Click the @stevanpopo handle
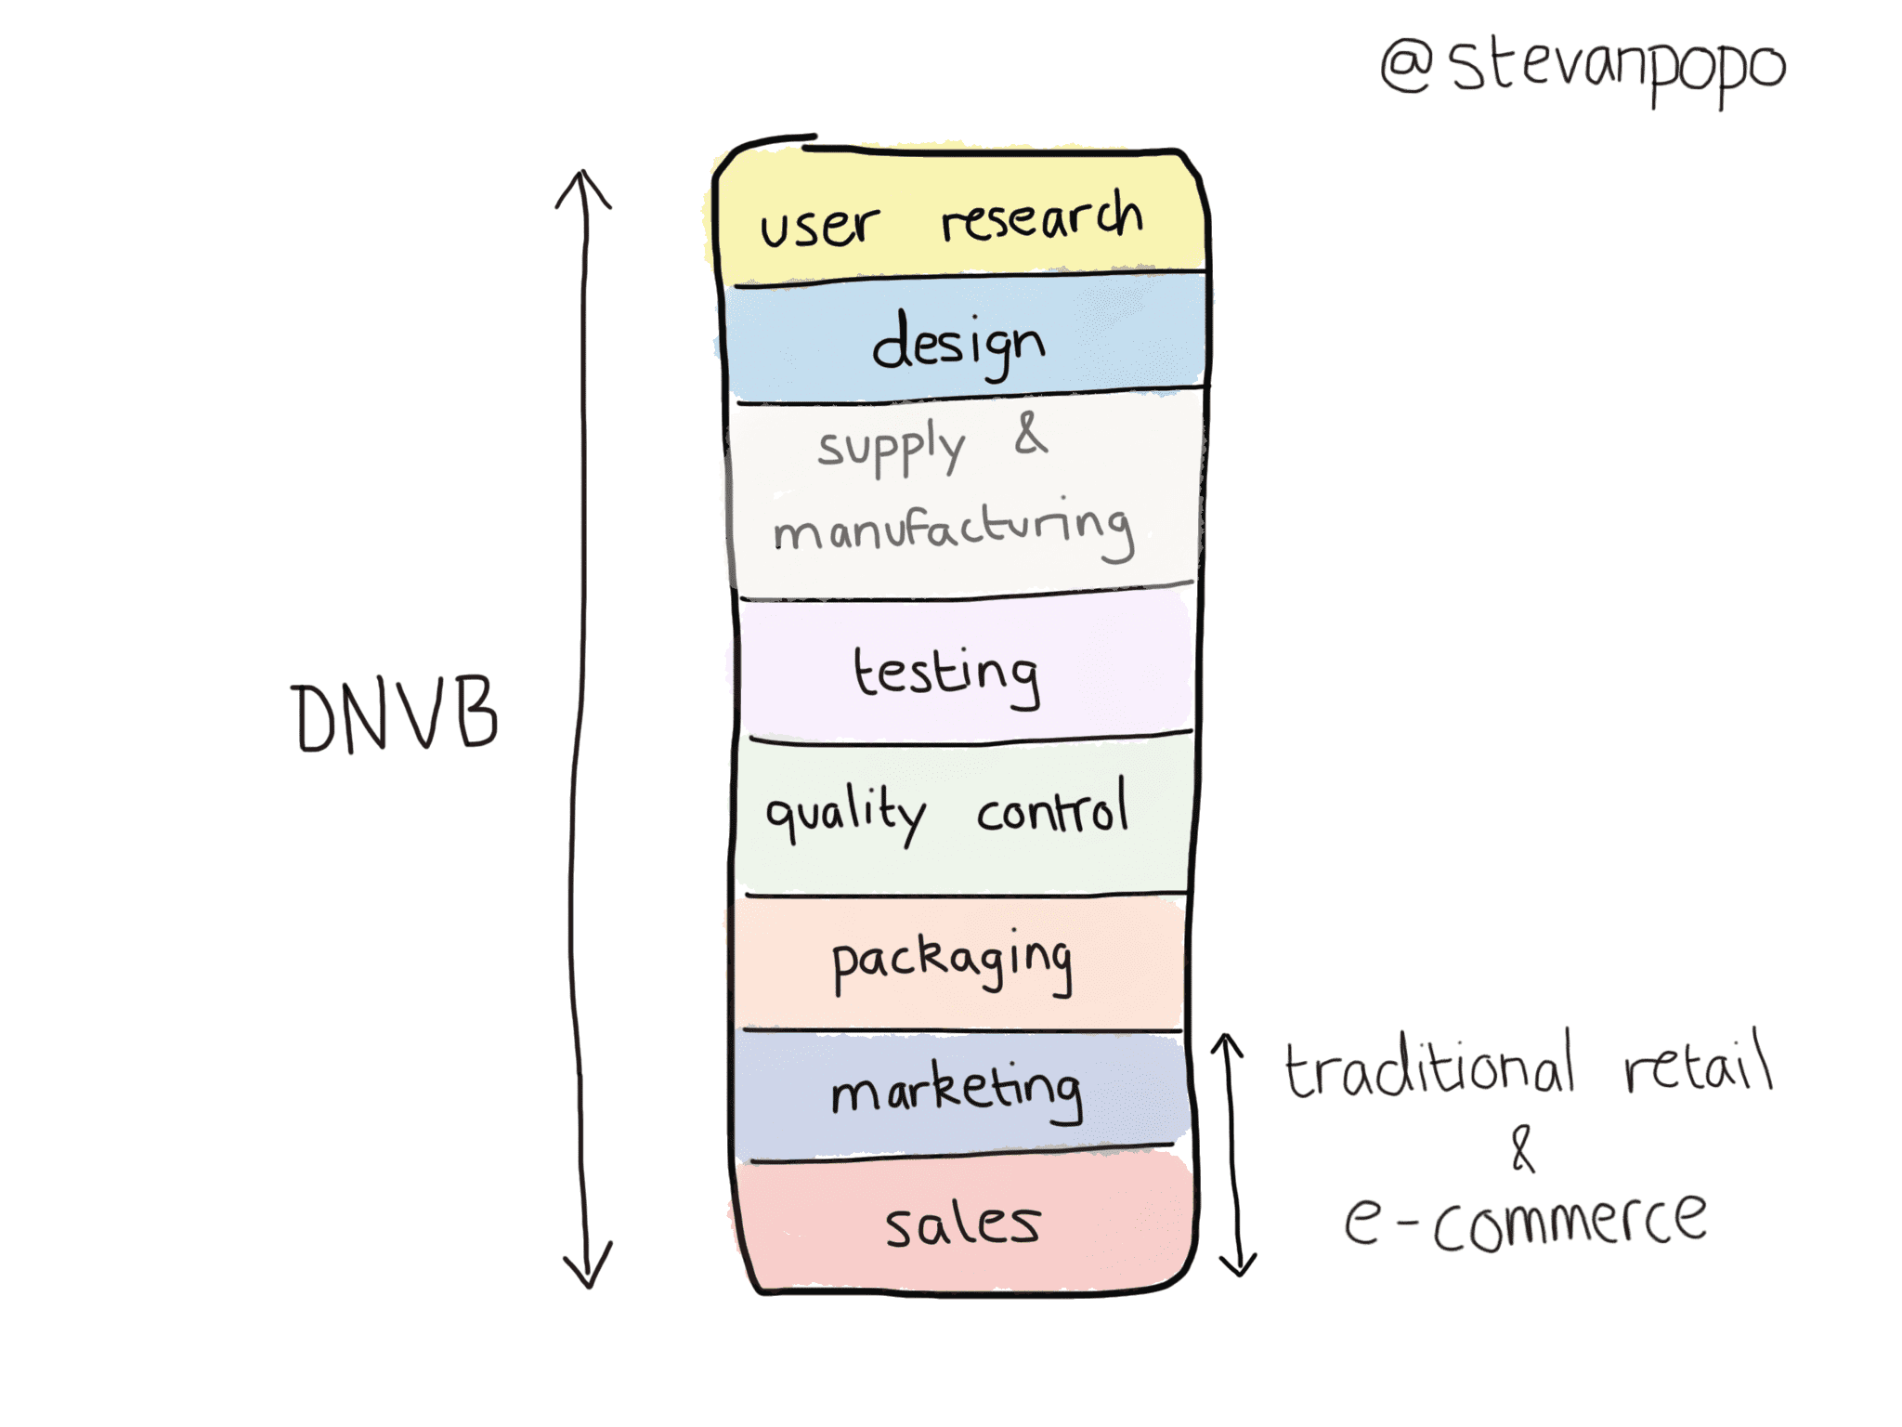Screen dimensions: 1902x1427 [x=1583, y=71]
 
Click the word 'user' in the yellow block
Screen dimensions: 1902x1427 [x=819, y=226]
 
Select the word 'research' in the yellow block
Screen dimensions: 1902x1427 [x=1042, y=217]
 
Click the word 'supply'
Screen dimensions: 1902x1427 [x=892, y=448]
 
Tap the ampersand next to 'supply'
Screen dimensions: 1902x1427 [x=1031, y=433]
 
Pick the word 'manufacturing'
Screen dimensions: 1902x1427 [x=954, y=530]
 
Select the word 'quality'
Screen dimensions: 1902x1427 [x=845, y=814]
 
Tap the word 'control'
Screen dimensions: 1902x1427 [x=1052, y=806]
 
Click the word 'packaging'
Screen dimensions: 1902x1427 [x=952, y=962]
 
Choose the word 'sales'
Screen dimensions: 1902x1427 [x=962, y=1224]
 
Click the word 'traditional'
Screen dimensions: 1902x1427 [x=1430, y=1065]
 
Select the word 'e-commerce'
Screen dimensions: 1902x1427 [x=1525, y=1219]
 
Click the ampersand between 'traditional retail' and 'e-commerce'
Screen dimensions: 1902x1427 [x=1521, y=1148]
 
